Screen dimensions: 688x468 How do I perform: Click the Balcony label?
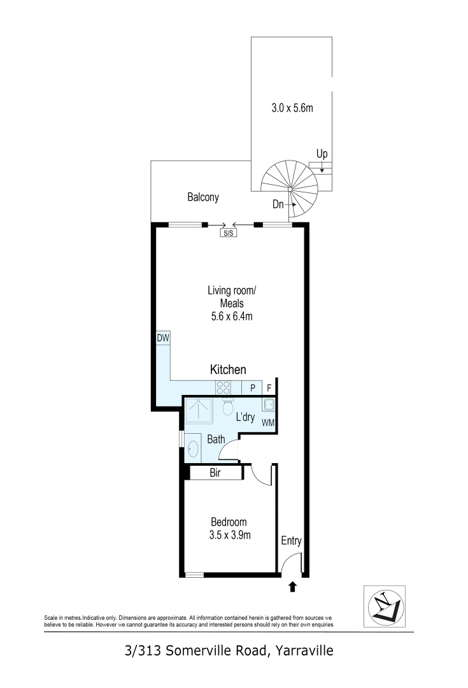point(202,197)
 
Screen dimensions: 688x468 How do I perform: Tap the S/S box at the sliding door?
point(228,233)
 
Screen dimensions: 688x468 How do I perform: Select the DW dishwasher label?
point(163,338)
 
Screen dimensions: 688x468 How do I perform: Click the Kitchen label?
point(228,369)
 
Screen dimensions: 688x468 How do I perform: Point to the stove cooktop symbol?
point(223,387)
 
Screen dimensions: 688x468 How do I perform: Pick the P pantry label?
point(252,387)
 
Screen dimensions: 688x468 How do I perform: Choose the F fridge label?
point(269,387)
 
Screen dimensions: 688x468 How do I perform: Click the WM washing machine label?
point(267,422)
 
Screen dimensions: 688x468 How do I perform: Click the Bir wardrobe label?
point(215,473)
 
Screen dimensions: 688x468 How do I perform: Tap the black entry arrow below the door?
point(293,587)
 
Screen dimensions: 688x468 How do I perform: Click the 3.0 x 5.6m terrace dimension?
point(292,108)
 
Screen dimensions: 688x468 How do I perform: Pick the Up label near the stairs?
point(322,155)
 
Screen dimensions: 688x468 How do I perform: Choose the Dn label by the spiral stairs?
point(278,205)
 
